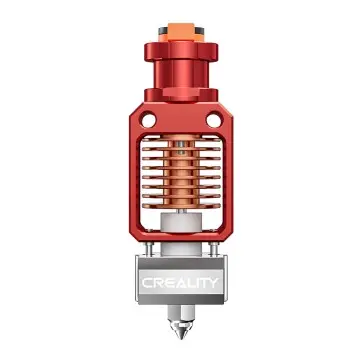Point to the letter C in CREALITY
[x=147, y=283]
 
